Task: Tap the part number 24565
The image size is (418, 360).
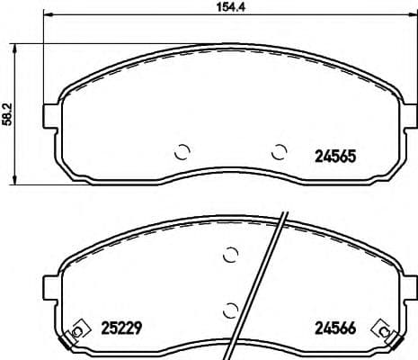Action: pyautogui.click(x=334, y=154)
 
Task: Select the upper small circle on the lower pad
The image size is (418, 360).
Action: pyautogui.click(x=229, y=256)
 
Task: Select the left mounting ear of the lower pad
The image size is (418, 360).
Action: pyautogui.click(x=51, y=289)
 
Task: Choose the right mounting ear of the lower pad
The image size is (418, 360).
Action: pyautogui.click(x=410, y=289)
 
